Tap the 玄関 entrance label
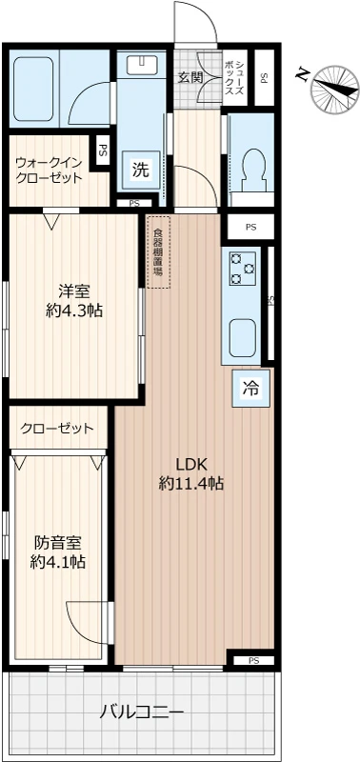tap(190, 77)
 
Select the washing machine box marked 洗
tap(141, 171)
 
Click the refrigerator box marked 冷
tap(250, 388)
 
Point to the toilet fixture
tap(251, 170)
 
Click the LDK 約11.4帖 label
tap(190, 474)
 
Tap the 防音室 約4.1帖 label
tap(58, 552)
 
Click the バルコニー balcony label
tap(142, 711)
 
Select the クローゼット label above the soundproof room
tap(57, 428)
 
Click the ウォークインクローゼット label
tap(49, 169)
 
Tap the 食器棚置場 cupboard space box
tap(157, 251)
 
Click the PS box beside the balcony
tap(253, 660)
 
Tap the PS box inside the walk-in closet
tap(101, 150)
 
